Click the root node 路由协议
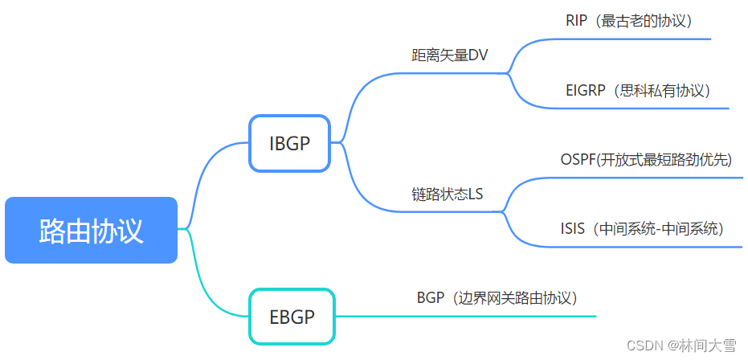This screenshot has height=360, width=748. (91, 230)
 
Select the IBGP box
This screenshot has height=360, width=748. (289, 143)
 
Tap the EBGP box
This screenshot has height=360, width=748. (292, 317)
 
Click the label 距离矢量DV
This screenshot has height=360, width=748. (450, 55)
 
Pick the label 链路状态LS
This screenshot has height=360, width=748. (448, 194)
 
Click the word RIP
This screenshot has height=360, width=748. (576, 21)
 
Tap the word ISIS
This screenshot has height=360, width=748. (572, 229)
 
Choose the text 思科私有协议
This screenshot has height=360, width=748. (660, 91)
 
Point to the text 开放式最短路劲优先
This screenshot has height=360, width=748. (664, 160)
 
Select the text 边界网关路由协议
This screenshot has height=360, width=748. (513, 298)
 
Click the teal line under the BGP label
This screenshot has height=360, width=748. (466, 316)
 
